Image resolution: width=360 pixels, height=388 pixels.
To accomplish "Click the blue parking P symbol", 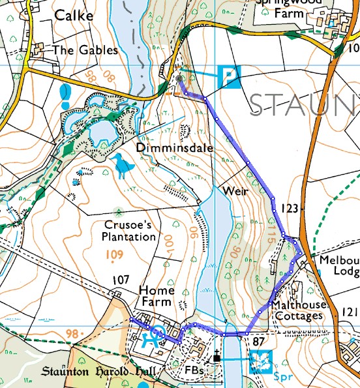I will (228, 76).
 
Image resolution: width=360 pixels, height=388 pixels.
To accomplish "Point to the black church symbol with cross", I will (217, 357).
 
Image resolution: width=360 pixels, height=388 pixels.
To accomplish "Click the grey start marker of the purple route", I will (179, 78).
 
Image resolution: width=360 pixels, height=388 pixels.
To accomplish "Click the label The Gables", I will (85, 50).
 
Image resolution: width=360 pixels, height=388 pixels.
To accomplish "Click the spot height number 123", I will (289, 209).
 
